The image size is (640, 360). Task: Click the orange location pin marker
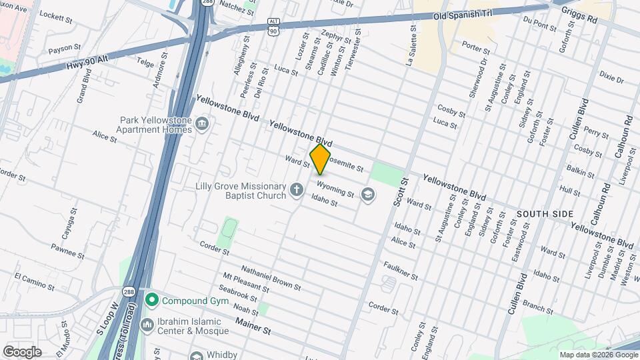point(321,159)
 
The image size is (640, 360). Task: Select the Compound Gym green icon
point(152,301)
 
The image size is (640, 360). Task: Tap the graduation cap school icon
point(366,194)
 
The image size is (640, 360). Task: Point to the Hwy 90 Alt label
point(86,66)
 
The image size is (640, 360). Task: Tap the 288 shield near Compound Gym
point(129,291)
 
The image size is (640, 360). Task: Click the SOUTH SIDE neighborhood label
point(544,213)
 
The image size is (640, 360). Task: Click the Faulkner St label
point(400,270)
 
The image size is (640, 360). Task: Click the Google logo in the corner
point(22,352)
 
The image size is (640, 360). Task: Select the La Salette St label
point(411,46)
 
